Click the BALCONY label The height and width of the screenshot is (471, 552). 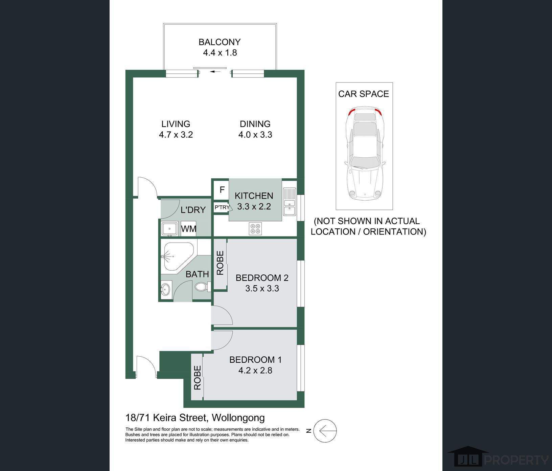click(220, 42)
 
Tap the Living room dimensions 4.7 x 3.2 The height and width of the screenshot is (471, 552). click(176, 135)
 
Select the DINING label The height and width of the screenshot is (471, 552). click(255, 124)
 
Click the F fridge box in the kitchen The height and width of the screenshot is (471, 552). click(222, 190)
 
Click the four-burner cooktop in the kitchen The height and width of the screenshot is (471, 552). click(255, 228)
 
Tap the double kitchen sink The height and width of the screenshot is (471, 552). click(290, 202)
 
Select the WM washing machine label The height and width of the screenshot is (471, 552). click(189, 229)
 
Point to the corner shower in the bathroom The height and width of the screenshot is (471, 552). click(177, 256)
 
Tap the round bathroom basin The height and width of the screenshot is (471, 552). click(166, 290)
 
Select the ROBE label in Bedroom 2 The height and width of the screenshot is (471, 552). click(220, 263)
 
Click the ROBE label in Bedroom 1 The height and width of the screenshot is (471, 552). click(198, 378)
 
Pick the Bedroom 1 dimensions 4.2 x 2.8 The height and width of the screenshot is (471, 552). click(255, 371)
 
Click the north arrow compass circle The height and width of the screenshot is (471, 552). click(325, 431)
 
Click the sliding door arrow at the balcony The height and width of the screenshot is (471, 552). click(214, 72)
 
